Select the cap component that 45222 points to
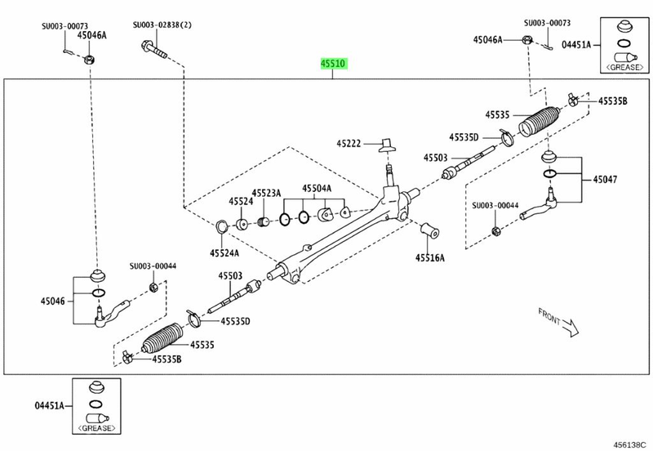[387, 145]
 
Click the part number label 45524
[241, 201]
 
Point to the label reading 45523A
[266, 194]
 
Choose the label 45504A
[317, 188]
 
